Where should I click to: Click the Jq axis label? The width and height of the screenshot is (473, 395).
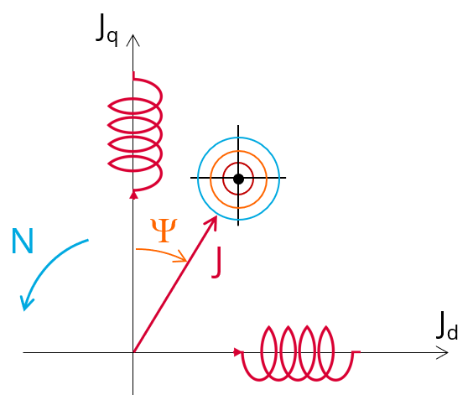(107, 29)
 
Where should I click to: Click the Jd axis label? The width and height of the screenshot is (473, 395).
(447, 326)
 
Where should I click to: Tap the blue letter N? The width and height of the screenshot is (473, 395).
(23, 241)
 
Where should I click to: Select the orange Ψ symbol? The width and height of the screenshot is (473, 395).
(164, 231)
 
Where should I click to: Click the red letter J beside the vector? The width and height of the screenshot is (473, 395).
(217, 262)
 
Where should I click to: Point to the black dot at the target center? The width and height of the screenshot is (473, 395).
(238, 179)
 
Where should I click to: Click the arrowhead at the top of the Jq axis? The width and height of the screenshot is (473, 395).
(133, 40)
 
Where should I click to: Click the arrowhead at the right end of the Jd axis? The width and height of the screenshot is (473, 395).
(443, 352)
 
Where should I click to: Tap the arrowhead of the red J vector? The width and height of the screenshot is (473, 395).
(212, 222)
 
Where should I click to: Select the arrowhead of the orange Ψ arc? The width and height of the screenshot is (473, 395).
(180, 257)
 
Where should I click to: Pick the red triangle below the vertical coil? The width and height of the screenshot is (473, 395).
(133, 195)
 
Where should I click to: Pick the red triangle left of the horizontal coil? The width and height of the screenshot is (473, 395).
(238, 352)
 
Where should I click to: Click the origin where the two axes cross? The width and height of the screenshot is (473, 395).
(133, 352)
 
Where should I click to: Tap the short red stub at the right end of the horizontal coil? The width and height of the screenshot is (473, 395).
(356, 351)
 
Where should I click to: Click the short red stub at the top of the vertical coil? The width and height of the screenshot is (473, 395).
(133, 75)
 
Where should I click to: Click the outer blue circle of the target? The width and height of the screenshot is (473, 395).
(198, 179)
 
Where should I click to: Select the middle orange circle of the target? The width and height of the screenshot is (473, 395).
(211, 179)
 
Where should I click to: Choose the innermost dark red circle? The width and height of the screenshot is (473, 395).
(223, 179)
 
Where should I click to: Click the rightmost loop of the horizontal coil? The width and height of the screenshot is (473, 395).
(334, 351)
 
